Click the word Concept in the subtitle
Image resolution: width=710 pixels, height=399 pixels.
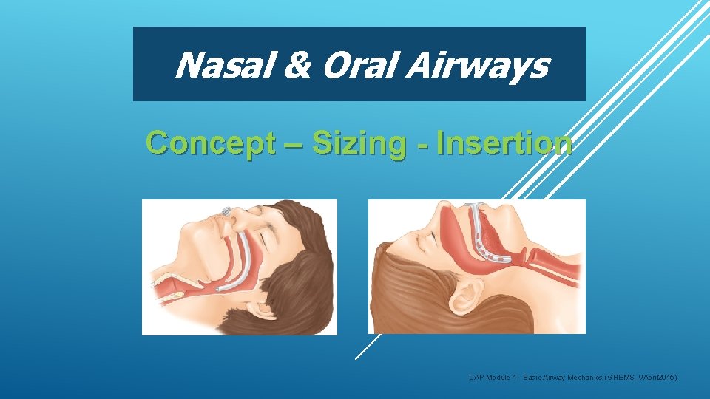[x=210, y=143]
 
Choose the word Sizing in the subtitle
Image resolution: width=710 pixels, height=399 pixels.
[x=359, y=143]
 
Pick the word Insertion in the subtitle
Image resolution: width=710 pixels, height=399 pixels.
[x=504, y=143]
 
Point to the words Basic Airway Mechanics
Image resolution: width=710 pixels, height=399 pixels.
[x=563, y=378]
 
